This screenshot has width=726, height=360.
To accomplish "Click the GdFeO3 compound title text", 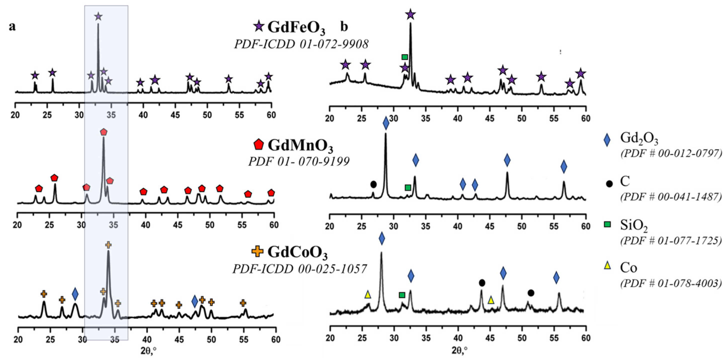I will [296, 27].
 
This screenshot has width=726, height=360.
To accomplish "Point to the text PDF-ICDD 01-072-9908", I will [301, 44].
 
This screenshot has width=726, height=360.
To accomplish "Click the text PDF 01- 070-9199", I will [299, 161].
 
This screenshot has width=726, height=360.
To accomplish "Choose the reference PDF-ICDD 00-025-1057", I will [299, 269].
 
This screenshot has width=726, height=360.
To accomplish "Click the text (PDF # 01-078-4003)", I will [671, 283].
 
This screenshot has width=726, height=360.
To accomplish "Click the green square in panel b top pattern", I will [405, 57].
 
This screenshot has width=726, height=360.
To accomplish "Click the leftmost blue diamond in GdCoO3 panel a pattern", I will [75, 294].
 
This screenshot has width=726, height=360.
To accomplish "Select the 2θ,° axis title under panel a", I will [149, 351].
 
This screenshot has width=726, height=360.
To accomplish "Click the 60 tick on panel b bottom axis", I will [586, 337].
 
